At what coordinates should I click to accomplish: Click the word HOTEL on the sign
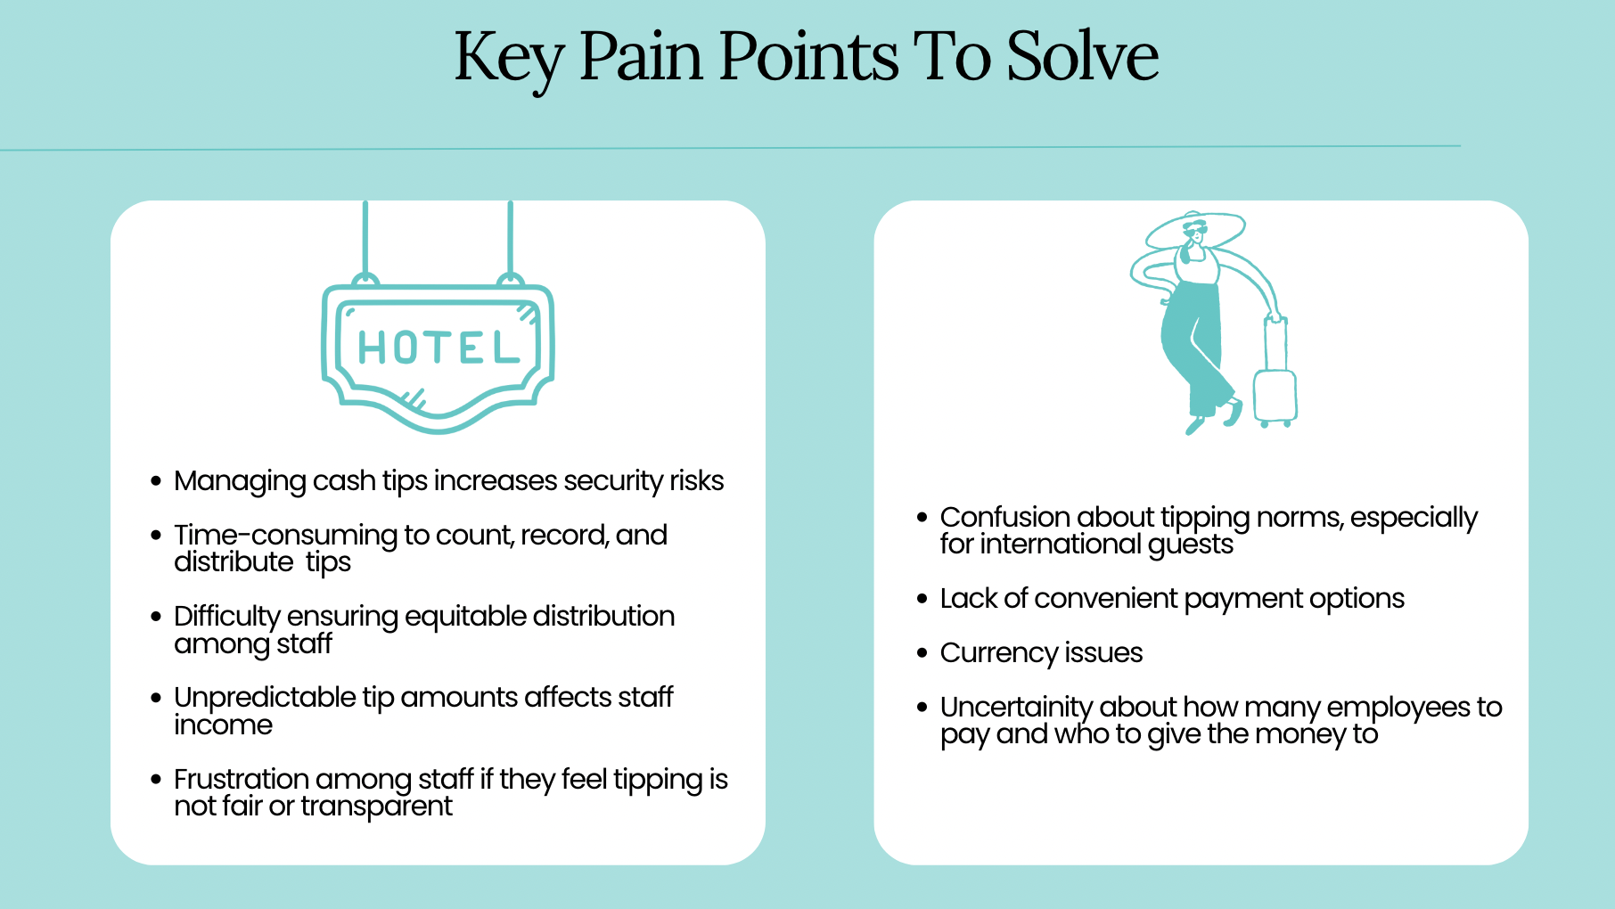click(x=439, y=348)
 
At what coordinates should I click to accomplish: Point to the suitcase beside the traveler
click(x=1275, y=383)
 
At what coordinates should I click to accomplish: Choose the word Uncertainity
click(x=1016, y=708)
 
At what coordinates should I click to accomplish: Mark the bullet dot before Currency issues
click(x=922, y=653)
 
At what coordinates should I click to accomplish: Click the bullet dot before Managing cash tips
click(x=156, y=481)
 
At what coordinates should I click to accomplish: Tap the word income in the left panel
click(x=223, y=725)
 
